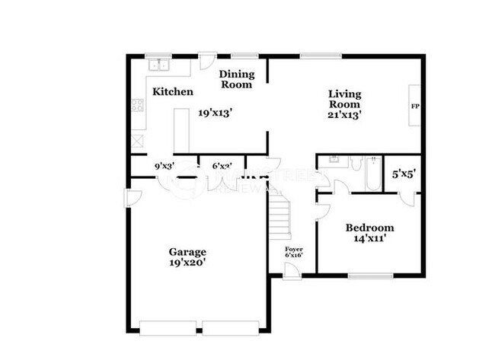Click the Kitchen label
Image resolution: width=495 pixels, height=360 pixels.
(173, 91)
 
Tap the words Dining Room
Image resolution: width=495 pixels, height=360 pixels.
(236, 79)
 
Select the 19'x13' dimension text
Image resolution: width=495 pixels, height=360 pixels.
(215, 113)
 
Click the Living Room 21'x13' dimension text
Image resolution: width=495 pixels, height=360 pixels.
(343, 115)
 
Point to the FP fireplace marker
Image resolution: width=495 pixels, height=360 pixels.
(415, 106)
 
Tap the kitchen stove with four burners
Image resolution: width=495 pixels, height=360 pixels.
(137, 107)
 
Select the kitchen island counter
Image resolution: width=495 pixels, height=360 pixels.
(182, 129)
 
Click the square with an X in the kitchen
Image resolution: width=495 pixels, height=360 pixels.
(137, 140)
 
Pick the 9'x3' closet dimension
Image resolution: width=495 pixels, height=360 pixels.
(165, 165)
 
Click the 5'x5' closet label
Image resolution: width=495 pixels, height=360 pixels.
(403, 173)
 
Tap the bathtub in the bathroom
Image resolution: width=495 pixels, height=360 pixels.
(373, 174)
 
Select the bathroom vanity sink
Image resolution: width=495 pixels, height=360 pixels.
(332, 161)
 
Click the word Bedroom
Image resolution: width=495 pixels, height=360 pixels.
(369, 228)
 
